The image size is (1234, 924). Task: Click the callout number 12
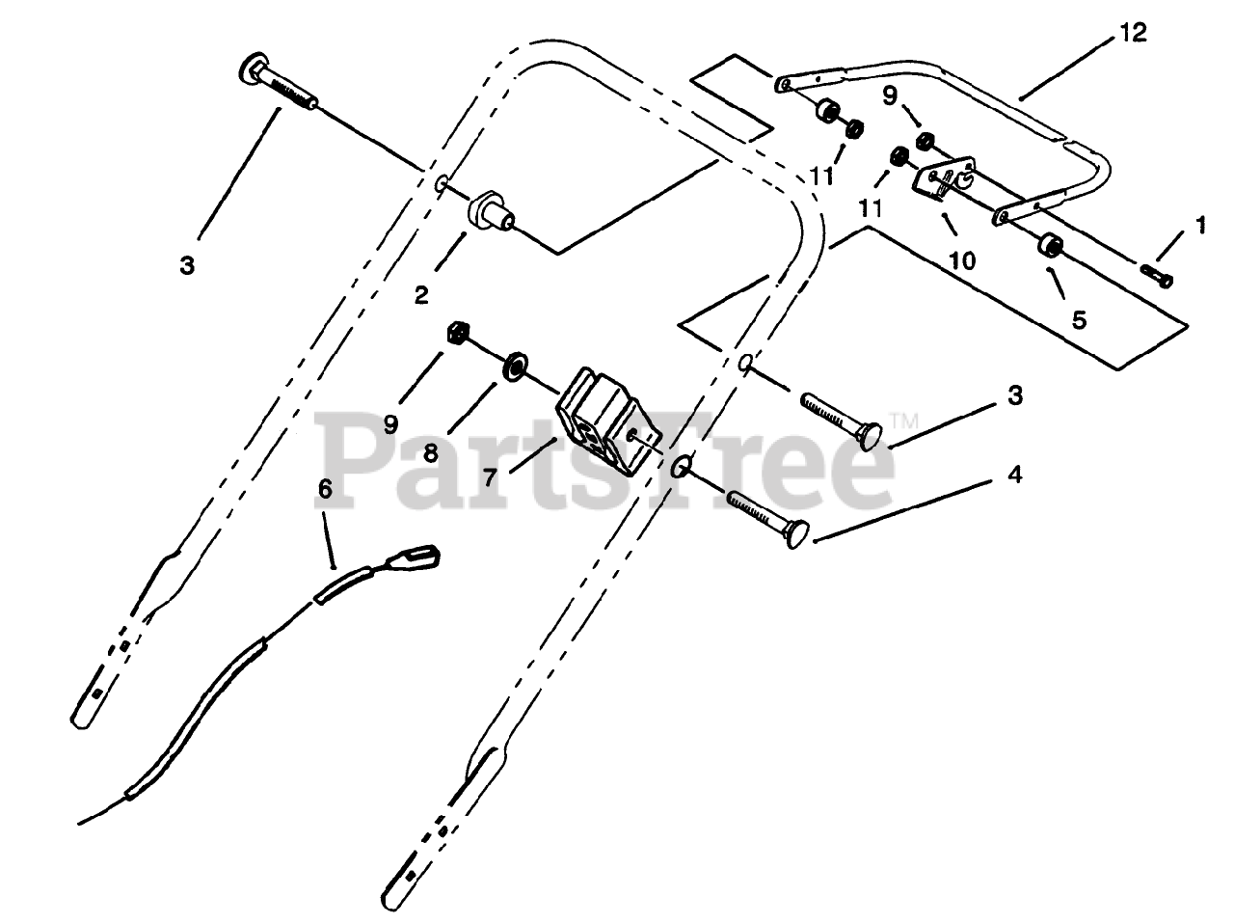point(1133,34)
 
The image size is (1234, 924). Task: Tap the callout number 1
point(1199,225)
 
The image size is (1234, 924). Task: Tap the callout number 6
point(325,490)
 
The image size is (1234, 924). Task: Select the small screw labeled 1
point(1156,276)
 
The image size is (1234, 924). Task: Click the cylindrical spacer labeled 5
point(1050,245)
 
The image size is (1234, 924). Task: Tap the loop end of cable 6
point(418,557)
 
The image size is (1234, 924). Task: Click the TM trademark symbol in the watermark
point(901,419)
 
